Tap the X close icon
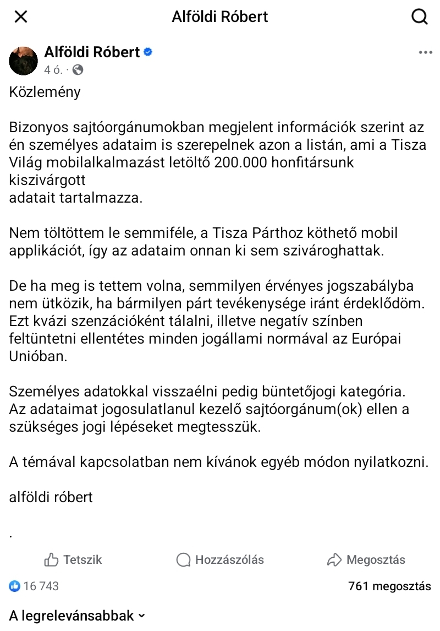tap(20, 17)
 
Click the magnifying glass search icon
tap(420, 17)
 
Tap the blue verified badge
tap(148, 52)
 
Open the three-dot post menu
tap(425, 53)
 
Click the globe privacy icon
tap(78, 70)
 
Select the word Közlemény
tap(45, 91)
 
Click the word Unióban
tap(38, 356)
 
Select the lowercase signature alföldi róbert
tap(51, 497)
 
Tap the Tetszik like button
tap(73, 560)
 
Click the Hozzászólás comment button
tap(220, 560)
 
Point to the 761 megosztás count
tap(389, 586)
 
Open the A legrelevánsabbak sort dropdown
tap(77, 616)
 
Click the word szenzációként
tap(113, 321)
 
